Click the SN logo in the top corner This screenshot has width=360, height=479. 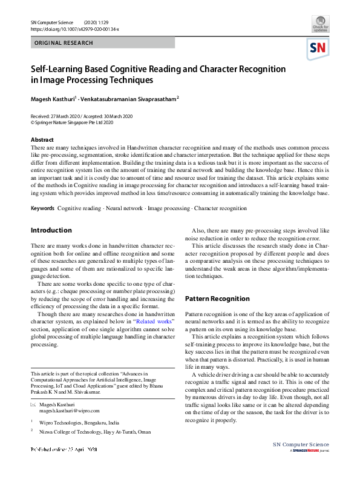pyautogui.click(x=319, y=48)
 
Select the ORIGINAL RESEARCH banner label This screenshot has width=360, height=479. pyautogui.click(x=64, y=43)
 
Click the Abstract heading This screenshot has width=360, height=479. pyautogui.click(x=42, y=139)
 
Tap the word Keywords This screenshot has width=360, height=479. pyautogui.click(x=42, y=208)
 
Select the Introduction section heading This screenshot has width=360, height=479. pyautogui.click(x=51, y=231)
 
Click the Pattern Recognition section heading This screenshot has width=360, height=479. pyautogui.click(x=217, y=299)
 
